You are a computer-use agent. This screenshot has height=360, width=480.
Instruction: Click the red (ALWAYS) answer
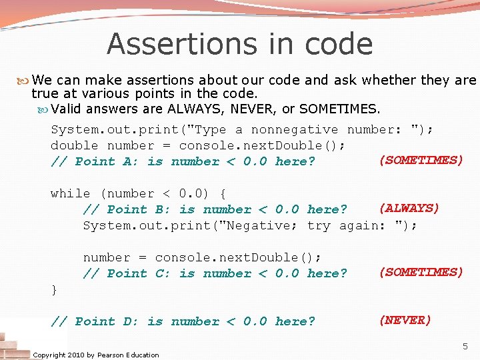pos(409,208)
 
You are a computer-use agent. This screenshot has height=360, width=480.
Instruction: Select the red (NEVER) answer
pos(405,320)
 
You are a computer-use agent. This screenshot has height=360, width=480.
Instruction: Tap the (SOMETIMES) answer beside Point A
pos(421,160)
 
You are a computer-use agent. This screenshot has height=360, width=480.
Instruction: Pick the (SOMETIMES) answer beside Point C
pos(421,272)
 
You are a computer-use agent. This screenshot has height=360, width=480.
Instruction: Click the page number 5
pos(465,346)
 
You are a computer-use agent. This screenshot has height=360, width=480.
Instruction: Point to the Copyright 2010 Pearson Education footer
pos(95,355)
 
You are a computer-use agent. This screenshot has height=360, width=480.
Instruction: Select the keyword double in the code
pos(74,145)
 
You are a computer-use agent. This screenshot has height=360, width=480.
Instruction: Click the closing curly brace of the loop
pos(54,289)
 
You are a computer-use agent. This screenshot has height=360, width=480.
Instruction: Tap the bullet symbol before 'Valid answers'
pos(44,109)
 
